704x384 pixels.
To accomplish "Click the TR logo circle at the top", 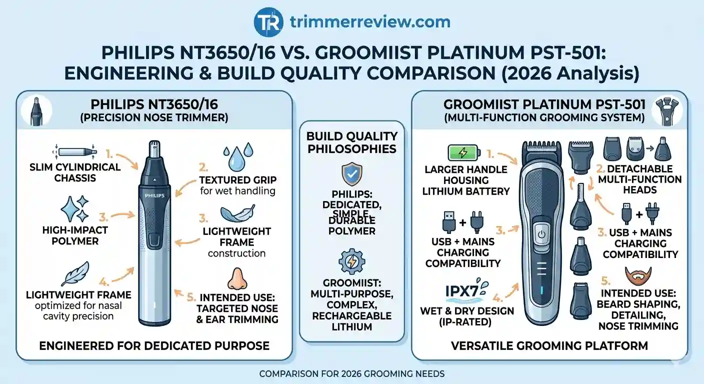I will pyautogui.click(x=269, y=21).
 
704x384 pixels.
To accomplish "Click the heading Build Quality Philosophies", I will pyautogui.click(x=352, y=142).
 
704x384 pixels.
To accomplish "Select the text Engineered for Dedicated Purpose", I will pyautogui.click(x=154, y=345).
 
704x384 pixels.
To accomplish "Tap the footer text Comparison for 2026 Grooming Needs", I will pyautogui.click(x=351, y=373).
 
